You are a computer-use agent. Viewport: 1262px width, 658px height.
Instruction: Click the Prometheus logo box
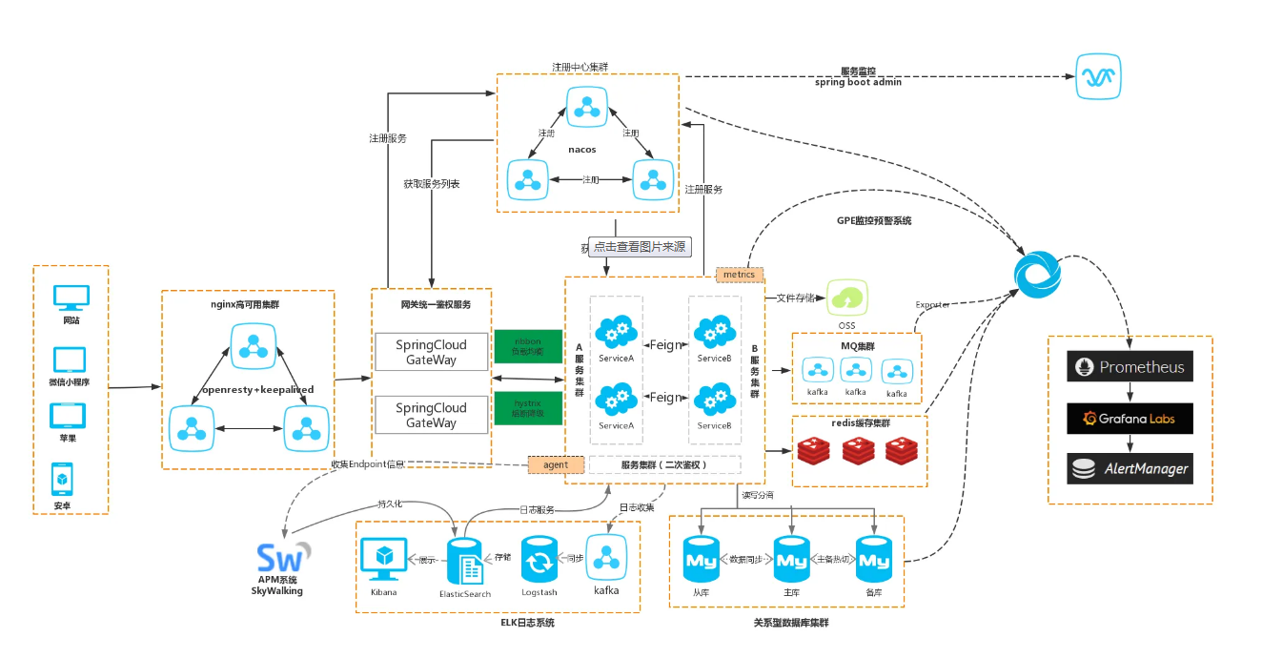1130,367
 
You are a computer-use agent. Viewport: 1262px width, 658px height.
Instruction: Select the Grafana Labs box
1130,418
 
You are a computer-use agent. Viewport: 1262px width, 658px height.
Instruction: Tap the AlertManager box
1130,468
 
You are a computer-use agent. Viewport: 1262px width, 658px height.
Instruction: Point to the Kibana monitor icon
383,561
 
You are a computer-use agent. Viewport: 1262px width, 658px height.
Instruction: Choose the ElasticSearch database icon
465,561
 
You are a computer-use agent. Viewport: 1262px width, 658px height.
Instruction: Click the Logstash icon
539,561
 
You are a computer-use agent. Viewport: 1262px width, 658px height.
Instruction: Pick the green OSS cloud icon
846,298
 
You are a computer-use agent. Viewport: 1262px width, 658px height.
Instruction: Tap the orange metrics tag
740,275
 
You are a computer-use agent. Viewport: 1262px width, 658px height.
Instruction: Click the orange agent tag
556,464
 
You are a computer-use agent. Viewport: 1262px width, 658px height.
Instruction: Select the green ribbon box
528,346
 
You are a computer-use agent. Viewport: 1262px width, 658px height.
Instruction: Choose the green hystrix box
528,408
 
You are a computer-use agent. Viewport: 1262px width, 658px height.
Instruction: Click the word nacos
581,149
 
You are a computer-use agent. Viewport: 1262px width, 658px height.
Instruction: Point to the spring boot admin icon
1099,76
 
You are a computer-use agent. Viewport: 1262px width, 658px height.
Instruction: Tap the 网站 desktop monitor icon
71,298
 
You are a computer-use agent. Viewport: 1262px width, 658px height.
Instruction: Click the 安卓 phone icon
62,477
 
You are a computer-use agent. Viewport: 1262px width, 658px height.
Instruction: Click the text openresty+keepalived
257,390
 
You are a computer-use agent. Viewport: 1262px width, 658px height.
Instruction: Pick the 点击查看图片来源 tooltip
640,246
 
